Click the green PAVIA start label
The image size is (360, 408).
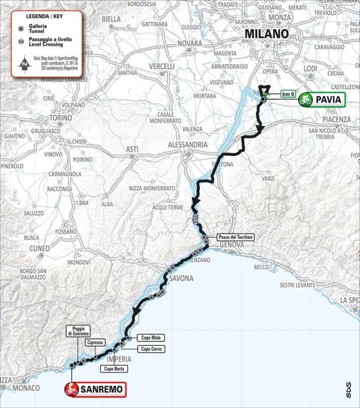point(322,99)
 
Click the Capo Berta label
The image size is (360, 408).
point(114,368)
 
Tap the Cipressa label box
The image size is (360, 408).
point(95,343)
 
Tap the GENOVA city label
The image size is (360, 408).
point(232,246)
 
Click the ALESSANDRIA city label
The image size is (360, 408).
point(188,145)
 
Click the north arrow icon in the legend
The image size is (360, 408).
point(23,64)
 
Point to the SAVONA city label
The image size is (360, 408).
point(182,278)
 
